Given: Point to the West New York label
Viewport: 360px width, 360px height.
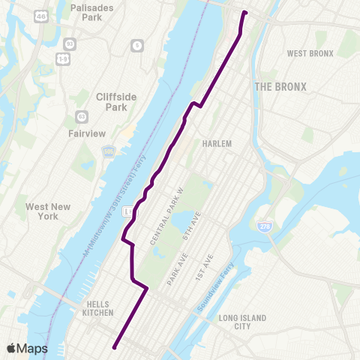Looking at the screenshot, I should [x=42, y=211].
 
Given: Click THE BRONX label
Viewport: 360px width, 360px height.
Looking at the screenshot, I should [x=280, y=87].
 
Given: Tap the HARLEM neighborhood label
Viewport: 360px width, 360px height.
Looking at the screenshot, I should [x=217, y=143].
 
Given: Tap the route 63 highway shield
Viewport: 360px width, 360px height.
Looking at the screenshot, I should [x=81, y=116].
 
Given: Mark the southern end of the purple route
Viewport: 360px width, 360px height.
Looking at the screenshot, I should [x=114, y=347].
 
